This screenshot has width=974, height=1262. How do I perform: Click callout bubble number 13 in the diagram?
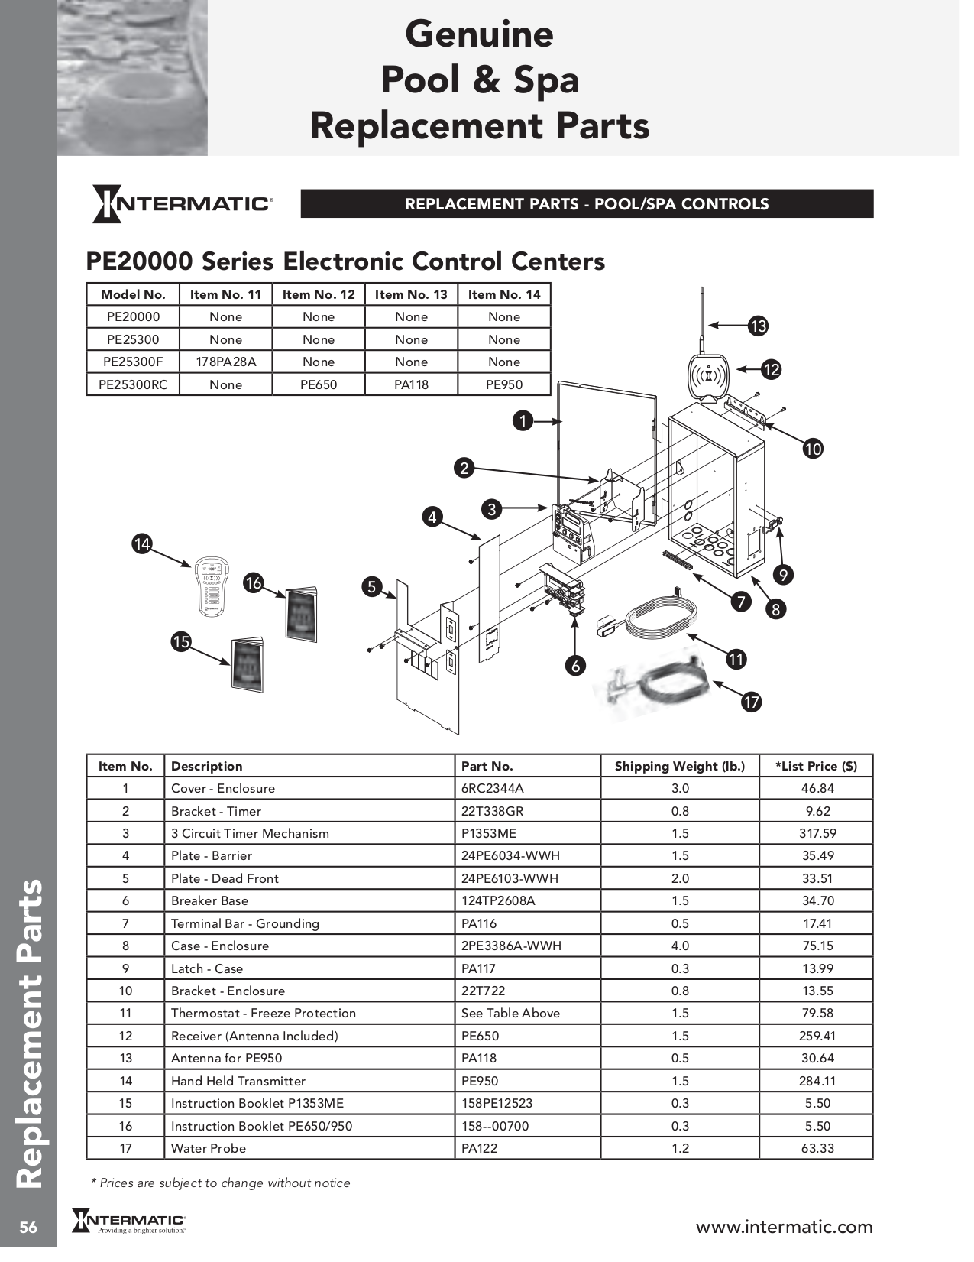pyautogui.click(x=757, y=326)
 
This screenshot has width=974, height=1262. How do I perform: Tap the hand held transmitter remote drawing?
pyautogui.click(x=210, y=586)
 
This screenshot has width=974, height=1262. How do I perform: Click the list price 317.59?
pyautogui.click(x=817, y=833)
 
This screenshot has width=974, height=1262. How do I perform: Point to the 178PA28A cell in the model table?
pyautogui.click(x=226, y=362)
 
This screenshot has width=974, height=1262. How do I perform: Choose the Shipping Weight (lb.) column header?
pyautogui.click(x=679, y=766)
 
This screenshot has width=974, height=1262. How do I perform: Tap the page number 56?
pyautogui.click(x=28, y=1228)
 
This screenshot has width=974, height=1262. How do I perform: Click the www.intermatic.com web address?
pyautogui.click(x=784, y=1227)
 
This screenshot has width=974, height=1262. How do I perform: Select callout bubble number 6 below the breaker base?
pyautogui.click(x=576, y=666)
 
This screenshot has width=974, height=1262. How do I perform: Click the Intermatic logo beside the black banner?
pyautogui.click(x=182, y=204)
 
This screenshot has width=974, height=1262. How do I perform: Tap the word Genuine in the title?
pyautogui.click(x=479, y=34)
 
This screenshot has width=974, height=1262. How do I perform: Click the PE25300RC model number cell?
pyautogui.click(x=133, y=384)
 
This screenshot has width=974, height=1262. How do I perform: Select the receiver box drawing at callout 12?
pyautogui.click(x=710, y=378)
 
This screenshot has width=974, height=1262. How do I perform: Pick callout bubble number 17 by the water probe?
pyautogui.click(x=752, y=702)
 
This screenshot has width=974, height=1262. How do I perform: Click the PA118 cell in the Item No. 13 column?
pyautogui.click(x=411, y=384)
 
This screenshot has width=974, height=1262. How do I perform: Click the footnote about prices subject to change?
pyautogui.click(x=221, y=1183)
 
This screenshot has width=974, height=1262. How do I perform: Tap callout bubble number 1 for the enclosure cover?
pyautogui.click(x=523, y=420)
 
